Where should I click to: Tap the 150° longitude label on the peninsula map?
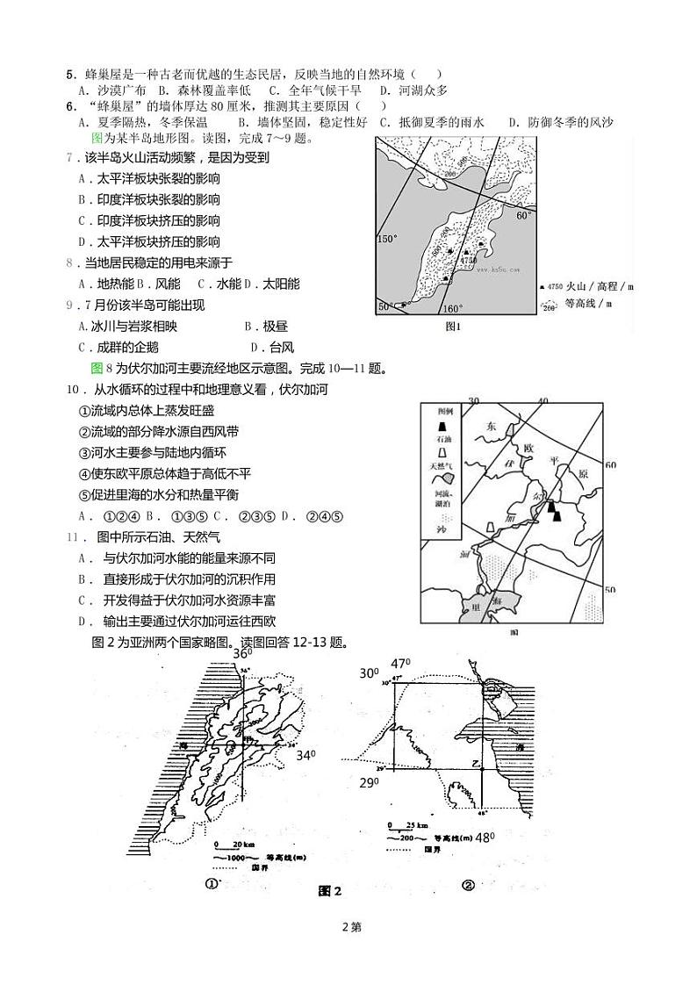[x=387, y=238]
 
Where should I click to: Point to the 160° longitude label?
[x=451, y=309]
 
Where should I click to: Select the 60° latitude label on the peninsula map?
[x=524, y=215]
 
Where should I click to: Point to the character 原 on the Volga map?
[x=581, y=474]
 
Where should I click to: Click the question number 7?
[x=70, y=158]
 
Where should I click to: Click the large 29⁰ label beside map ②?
[x=369, y=781]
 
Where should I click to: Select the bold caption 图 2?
[x=329, y=891]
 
